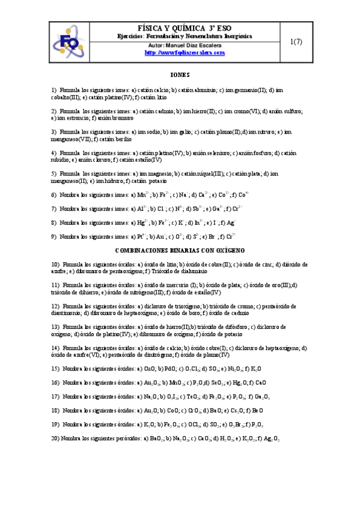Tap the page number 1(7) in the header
coord(295,41)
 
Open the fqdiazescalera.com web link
coord(185,53)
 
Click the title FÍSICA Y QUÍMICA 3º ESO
coord(185,28)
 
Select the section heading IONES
coord(180,75)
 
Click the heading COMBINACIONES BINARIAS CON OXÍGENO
coord(180,250)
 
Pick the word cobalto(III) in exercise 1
coord(65,96)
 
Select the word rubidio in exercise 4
coord(61,159)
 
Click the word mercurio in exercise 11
coord(170,285)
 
